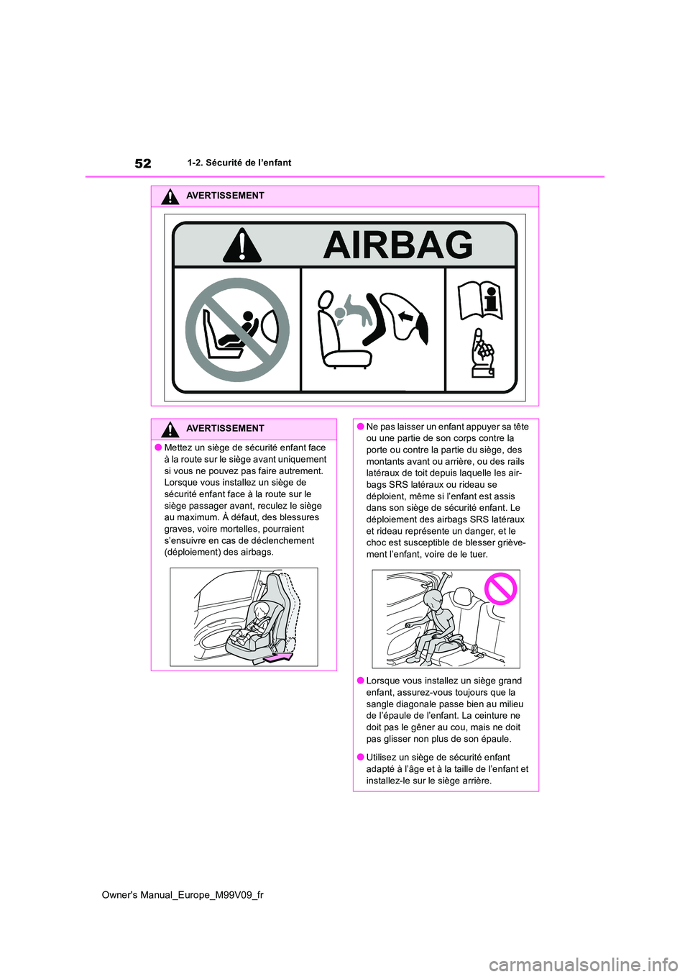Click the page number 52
pos(143,163)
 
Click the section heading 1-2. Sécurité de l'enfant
pos(239,163)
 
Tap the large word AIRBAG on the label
pos(397,245)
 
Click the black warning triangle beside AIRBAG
pos(242,245)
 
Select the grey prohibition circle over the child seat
pos(237,330)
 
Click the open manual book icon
pos(480,300)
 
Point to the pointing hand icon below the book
pos(482,353)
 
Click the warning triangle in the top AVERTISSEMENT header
pos(170,196)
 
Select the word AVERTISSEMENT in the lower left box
pos(225,429)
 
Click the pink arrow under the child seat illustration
pos(279,656)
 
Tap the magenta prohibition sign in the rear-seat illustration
pos(500,589)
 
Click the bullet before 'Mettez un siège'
pos(157,447)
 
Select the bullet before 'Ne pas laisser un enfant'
pos(359,427)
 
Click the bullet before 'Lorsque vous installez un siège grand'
pos(359,681)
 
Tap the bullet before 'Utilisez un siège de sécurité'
pos(359,757)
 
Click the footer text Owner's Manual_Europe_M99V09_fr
pos(183,895)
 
